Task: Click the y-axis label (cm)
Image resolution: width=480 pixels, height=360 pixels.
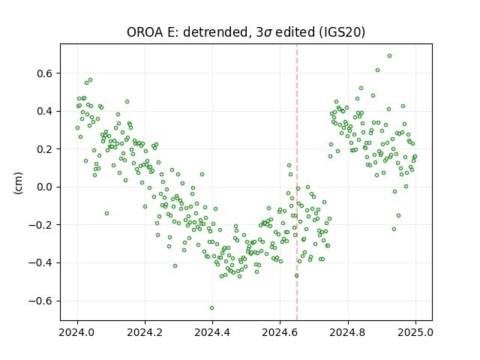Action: click(18, 183)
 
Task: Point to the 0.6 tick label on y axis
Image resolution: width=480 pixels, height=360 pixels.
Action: click(45, 73)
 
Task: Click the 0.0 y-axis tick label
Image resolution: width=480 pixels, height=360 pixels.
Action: click(45, 187)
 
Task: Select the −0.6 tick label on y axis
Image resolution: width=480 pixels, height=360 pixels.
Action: click(40, 301)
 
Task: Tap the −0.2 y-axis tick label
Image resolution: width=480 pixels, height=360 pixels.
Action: click(40, 225)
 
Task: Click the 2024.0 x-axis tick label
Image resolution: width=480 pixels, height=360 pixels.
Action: click(77, 332)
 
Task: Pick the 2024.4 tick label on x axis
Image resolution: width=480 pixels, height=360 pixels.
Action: click(212, 332)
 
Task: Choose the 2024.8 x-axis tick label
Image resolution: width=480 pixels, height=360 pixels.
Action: click(348, 332)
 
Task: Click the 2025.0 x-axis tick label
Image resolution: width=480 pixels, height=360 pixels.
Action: click(415, 332)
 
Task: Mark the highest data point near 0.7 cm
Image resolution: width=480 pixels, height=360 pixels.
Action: click(390, 55)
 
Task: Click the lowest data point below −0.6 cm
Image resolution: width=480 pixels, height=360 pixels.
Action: click(211, 307)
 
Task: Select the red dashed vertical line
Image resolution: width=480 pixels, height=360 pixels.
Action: click(297, 182)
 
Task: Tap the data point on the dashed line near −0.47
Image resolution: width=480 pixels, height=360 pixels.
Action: click(297, 275)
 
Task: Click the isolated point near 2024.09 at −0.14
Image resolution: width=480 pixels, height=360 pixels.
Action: click(106, 213)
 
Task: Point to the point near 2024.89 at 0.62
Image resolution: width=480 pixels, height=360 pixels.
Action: click(378, 70)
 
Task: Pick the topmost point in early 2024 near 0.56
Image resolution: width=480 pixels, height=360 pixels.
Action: click(90, 80)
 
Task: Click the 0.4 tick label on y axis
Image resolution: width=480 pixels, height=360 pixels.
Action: click(45, 112)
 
